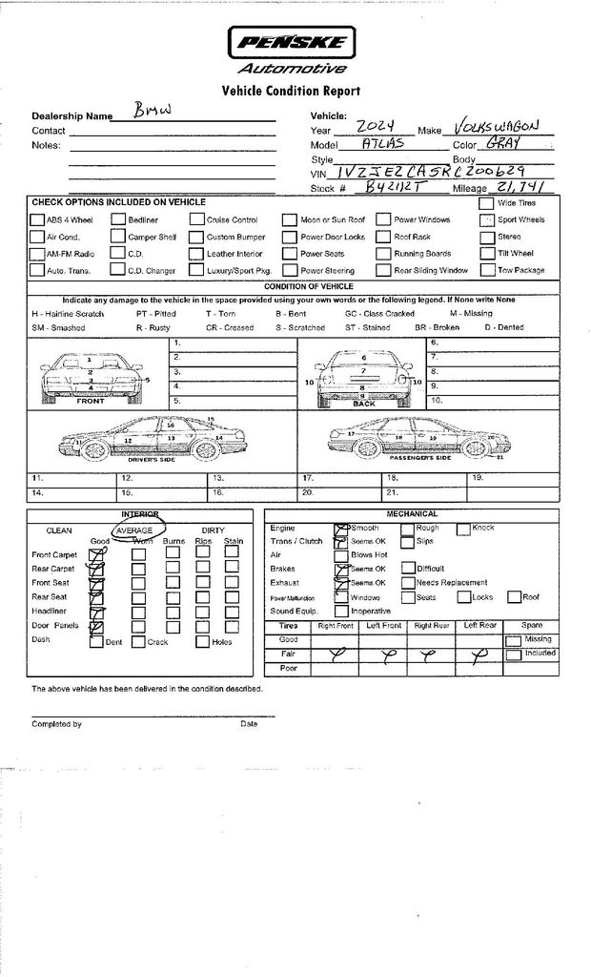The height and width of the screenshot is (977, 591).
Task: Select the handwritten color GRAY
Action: point(503,143)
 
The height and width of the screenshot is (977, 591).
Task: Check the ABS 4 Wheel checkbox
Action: point(38,219)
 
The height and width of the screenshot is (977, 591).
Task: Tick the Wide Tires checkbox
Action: point(486,202)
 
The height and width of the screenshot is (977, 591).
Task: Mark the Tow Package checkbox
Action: point(486,270)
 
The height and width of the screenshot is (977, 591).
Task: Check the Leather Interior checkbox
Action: point(196,254)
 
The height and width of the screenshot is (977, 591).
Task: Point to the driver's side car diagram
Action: point(153,439)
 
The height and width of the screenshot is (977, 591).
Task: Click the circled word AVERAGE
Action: point(134,530)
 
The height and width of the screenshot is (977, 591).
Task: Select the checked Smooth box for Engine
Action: point(340,528)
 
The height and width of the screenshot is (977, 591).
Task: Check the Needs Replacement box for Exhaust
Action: point(407,582)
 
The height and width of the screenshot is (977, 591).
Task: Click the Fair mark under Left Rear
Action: point(480,654)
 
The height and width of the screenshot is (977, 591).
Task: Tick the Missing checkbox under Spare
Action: point(513,640)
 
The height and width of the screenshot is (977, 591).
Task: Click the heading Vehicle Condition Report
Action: point(291,92)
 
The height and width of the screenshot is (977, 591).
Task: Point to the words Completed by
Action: point(56,724)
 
